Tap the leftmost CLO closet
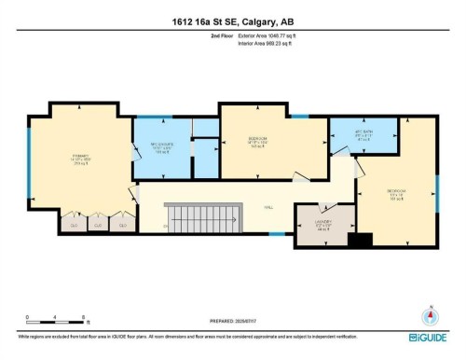[73, 224]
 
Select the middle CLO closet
[97, 224]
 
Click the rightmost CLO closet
[121, 224]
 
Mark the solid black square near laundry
[353, 240]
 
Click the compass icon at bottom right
[430, 315]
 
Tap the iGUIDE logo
[431, 335]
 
